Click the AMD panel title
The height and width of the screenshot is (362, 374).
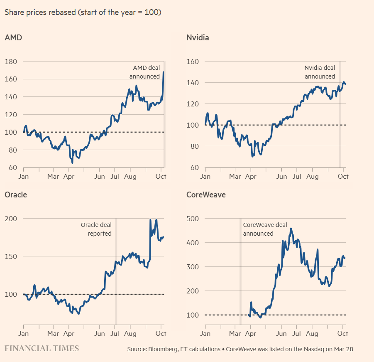(13, 38)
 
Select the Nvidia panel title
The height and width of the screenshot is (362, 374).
(198, 38)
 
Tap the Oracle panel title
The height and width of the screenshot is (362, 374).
(16, 195)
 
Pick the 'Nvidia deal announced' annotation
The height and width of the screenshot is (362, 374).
(320, 72)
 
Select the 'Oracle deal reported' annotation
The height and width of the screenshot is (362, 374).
(96, 229)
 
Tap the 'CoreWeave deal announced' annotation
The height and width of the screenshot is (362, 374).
(265, 229)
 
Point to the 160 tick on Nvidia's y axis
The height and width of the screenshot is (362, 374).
(193, 62)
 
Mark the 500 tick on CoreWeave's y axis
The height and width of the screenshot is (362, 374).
(193, 219)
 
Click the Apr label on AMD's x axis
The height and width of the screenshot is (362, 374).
(69, 176)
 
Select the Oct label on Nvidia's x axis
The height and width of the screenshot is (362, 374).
(343, 176)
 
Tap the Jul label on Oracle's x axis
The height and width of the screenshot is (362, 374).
(115, 333)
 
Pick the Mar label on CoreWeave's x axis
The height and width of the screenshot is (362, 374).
(235, 333)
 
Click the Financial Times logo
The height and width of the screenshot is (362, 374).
(42, 348)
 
